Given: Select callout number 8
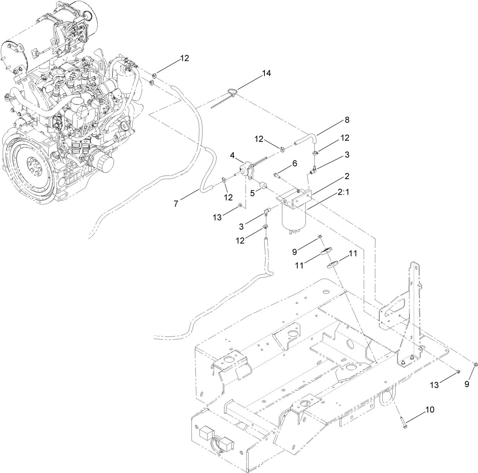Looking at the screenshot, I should click(x=347, y=120).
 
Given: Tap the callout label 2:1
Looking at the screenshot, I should click(x=344, y=193).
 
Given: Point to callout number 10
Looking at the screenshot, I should click(x=429, y=410).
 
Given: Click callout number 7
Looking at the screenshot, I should click(x=176, y=203).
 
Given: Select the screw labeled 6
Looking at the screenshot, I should click(x=277, y=175).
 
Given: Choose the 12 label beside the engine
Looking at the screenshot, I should click(x=184, y=58).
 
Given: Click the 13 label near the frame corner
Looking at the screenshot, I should click(x=434, y=385).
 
